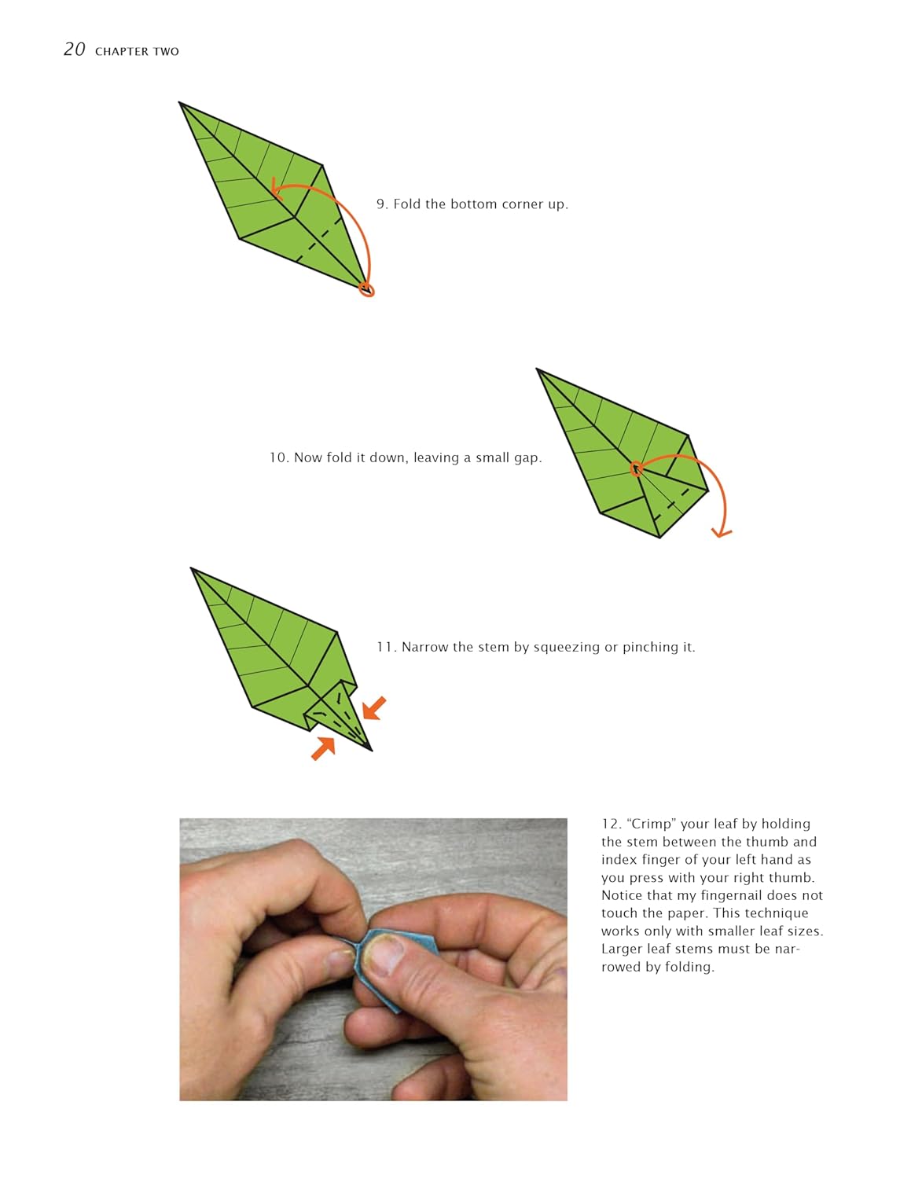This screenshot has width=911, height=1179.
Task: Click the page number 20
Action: click(x=74, y=50)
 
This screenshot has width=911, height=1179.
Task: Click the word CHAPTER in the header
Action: click(x=122, y=52)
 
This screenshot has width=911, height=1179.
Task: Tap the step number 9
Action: click(x=381, y=204)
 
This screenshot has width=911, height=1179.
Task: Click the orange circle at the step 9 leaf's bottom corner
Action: click(x=367, y=290)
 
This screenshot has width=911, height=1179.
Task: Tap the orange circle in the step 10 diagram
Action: click(x=636, y=468)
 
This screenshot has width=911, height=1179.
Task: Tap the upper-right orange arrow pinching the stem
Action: click(x=374, y=708)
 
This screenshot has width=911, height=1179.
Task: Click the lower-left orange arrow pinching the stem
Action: click(x=323, y=748)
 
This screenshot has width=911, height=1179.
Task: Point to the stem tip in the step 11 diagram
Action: click(x=372, y=751)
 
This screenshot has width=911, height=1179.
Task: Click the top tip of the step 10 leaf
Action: click(x=537, y=369)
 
